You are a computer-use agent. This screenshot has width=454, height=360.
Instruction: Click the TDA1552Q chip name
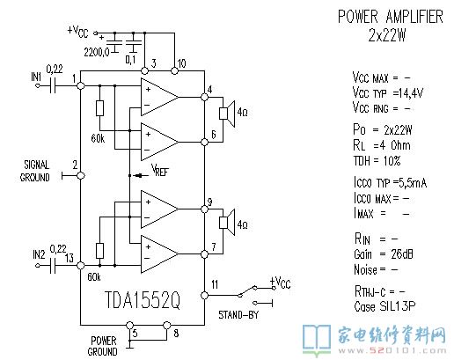pyautogui.click(x=143, y=300)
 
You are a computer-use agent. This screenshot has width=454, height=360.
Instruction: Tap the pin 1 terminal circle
pyautogui.click(x=80, y=85)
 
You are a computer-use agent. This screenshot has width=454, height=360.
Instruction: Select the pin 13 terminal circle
pyautogui.click(x=80, y=266)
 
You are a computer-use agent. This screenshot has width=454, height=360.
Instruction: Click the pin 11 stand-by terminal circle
pyautogui.click(x=204, y=295)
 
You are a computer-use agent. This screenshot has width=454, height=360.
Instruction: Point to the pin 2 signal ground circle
pyautogui.click(x=81, y=176)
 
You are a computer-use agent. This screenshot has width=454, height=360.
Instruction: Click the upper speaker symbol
pyautogui.click(x=227, y=114)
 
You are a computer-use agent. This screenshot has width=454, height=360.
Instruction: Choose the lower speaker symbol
pyautogui.click(x=227, y=223)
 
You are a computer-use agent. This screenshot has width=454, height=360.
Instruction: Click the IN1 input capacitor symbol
pyautogui.click(x=53, y=85)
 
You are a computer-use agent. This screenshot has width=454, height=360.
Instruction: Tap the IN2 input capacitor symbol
pyautogui.click(x=53, y=266)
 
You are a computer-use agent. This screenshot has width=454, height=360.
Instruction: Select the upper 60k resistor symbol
pyautogui.click(x=99, y=108)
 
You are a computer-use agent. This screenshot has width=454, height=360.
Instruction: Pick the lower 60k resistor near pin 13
pyautogui.click(x=99, y=251)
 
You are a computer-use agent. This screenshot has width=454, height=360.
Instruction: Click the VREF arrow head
pyautogui.click(x=137, y=176)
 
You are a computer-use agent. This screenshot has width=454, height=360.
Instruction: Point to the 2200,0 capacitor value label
pyautogui.click(x=97, y=52)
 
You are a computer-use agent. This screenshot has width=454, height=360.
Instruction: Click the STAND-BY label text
pyautogui.click(x=238, y=315)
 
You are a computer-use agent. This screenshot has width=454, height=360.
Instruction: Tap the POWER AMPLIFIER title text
pyautogui.click(x=391, y=17)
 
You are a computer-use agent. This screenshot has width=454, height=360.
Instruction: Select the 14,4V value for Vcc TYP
pyautogui.click(x=411, y=93)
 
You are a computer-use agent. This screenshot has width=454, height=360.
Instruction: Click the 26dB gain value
pyautogui.click(x=402, y=254)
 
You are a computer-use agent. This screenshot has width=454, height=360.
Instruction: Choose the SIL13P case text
pyautogui.click(x=398, y=306)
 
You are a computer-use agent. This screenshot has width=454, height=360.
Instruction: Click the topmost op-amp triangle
pyautogui.click(x=156, y=97)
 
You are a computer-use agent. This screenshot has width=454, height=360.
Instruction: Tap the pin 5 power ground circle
pyautogui.click(x=129, y=325)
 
